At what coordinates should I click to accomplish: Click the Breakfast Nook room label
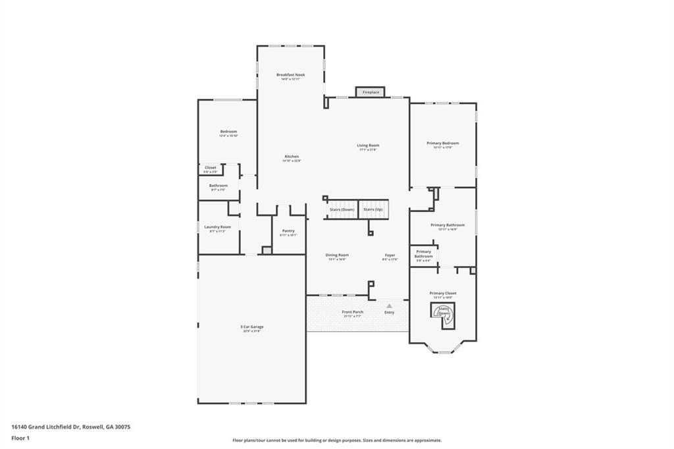(290, 75)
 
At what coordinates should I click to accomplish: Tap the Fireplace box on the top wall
(371, 92)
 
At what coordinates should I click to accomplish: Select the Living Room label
(368, 145)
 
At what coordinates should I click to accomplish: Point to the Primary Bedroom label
(442, 143)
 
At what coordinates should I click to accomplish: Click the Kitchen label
(292, 157)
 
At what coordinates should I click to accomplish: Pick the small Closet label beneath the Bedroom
(210, 168)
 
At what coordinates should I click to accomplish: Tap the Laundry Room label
(217, 227)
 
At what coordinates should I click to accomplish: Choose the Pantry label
(288, 231)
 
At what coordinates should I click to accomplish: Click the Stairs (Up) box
(373, 209)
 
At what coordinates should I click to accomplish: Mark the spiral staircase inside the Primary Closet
(444, 314)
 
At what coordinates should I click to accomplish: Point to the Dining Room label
(337, 255)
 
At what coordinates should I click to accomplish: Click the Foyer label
(390, 255)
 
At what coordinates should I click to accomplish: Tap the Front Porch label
(352, 312)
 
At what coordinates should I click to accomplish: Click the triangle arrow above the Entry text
(389, 305)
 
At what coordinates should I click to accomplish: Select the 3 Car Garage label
(251, 327)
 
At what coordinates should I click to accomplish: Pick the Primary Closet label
(442, 293)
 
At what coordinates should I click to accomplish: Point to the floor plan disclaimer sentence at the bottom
(336, 440)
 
